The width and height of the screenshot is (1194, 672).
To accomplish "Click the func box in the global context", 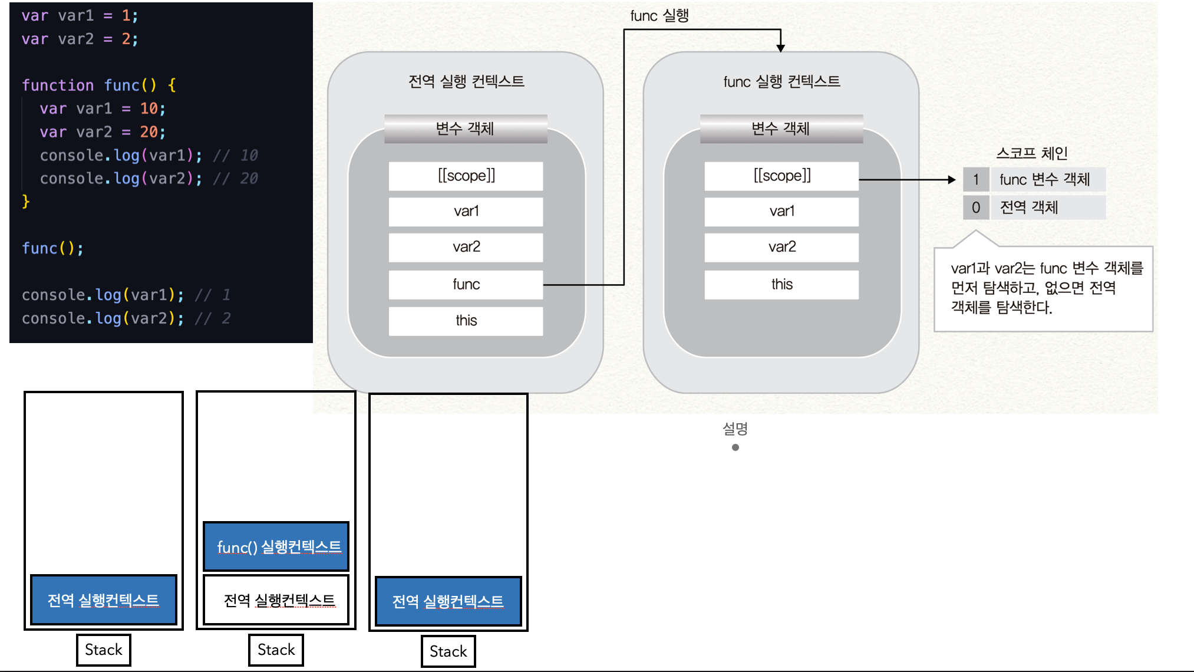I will click(466, 285).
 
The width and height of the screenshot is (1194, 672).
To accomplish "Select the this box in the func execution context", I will click(781, 285).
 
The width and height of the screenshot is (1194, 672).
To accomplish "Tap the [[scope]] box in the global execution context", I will click(466, 176).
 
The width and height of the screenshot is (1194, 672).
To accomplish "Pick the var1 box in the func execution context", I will click(781, 211).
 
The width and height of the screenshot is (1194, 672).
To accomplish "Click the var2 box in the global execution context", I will click(466, 247).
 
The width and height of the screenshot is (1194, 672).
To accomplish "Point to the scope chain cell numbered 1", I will click(976, 179).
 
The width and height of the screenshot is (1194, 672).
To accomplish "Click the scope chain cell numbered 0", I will click(976, 207).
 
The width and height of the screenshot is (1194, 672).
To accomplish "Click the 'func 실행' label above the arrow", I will click(659, 16).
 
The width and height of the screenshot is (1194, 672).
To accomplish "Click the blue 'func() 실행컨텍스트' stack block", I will click(276, 546).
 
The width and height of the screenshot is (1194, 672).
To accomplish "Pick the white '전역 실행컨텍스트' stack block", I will click(276, 600).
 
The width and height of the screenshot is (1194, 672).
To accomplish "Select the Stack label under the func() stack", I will click(276, 650).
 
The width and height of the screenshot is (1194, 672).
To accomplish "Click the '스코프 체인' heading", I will click(1032, 153).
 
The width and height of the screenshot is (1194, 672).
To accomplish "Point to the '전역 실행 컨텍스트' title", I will click(466, 81).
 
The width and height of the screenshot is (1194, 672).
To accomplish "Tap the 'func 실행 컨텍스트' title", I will click(781, 81).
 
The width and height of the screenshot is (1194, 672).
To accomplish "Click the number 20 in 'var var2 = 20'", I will click(149, 132).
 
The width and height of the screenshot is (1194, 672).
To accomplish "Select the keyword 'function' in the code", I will click(58, 85).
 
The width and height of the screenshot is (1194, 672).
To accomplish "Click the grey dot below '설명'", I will click(735, 447).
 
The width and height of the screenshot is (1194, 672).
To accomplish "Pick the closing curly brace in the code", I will click(26, 202).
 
